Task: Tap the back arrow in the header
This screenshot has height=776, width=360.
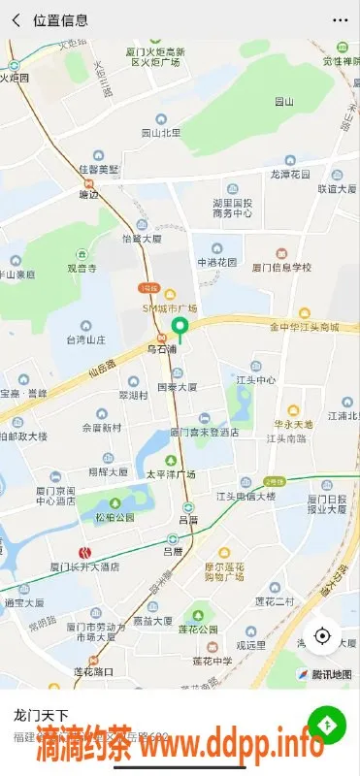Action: click(x=16, y=19)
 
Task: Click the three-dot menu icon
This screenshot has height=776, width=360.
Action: click(x=340, y=19)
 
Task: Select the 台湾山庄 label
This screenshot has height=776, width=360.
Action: click(x=85, y=339)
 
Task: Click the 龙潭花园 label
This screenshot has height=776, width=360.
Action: click(x=290, y=175)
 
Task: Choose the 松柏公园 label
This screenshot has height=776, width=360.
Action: click(x=115, y=517)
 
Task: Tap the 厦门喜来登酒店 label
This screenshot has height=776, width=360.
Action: click(x=204, y=432)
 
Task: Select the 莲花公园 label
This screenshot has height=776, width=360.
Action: click(x=201, y=628)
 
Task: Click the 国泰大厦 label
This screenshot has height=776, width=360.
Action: click(x=178, y=386)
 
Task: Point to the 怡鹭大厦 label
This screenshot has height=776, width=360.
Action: click(x=141, y=238)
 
